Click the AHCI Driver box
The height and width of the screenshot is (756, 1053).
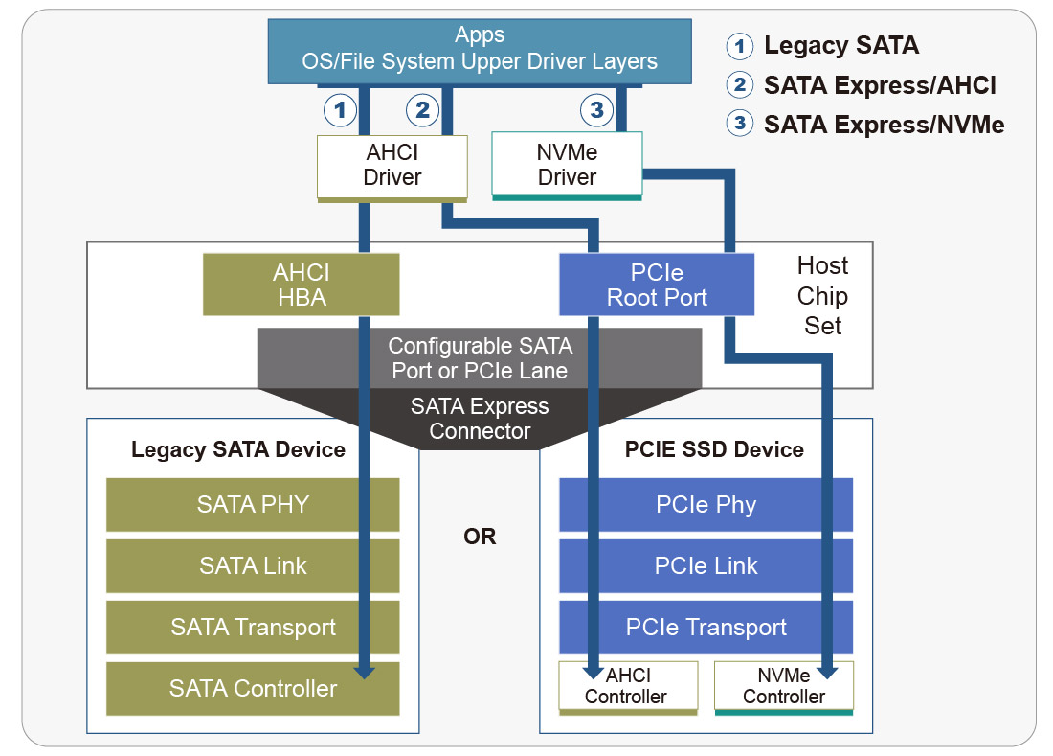(x=392, y=166)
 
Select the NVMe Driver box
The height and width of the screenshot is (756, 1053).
(x=567, y=165)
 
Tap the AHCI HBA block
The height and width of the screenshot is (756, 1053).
(x=300, y=285)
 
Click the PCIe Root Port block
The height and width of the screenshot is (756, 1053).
(x=657, y=285)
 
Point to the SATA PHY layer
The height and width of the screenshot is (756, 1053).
(x=253, y=505)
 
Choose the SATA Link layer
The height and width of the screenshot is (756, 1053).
(x=253, y=566)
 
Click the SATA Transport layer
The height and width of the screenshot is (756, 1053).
(x=253, y=628)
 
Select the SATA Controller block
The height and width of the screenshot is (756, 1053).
(x=253, y=688)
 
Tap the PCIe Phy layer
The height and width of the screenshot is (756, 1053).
(x=706, y=505)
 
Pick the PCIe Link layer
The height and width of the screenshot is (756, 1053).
(x=706, y=566)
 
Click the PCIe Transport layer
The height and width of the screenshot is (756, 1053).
(x=706, y=628)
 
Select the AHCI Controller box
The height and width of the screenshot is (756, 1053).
(x=626, y=687)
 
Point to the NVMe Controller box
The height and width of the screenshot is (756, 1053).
(x=783, y=687)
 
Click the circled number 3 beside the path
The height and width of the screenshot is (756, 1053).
(x=596, y=110)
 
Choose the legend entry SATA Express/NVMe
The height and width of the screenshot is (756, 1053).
(x=883, y=124)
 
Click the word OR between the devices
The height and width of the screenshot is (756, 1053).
(x=480, y=537)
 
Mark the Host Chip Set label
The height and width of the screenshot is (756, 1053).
(x=822, y=295)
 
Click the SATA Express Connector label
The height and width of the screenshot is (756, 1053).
(x=480, y=419)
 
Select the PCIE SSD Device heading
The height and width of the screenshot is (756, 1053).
(x=714, y=449)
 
